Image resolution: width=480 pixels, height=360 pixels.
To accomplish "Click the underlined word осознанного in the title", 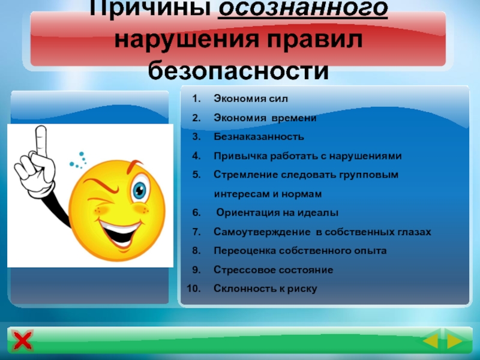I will (303, 11).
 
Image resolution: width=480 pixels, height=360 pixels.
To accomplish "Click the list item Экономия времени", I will (265, 118).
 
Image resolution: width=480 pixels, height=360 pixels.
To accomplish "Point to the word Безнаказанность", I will (259, 137).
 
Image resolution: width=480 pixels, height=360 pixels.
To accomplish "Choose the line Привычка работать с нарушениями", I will (307, 156).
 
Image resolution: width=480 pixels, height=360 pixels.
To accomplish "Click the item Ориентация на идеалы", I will (277, 213).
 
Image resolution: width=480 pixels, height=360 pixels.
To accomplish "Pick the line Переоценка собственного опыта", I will (300, 250).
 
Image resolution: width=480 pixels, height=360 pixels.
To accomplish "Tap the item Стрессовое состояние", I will (273, 269).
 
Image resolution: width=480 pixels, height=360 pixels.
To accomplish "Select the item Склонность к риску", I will (265, 289).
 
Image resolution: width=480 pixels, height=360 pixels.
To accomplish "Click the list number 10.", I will (193, 289).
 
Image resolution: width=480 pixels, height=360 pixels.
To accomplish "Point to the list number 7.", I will (196, 232).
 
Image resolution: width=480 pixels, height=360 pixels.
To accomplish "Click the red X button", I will (23, 342).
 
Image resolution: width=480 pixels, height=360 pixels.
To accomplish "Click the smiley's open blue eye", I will (140, 190).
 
